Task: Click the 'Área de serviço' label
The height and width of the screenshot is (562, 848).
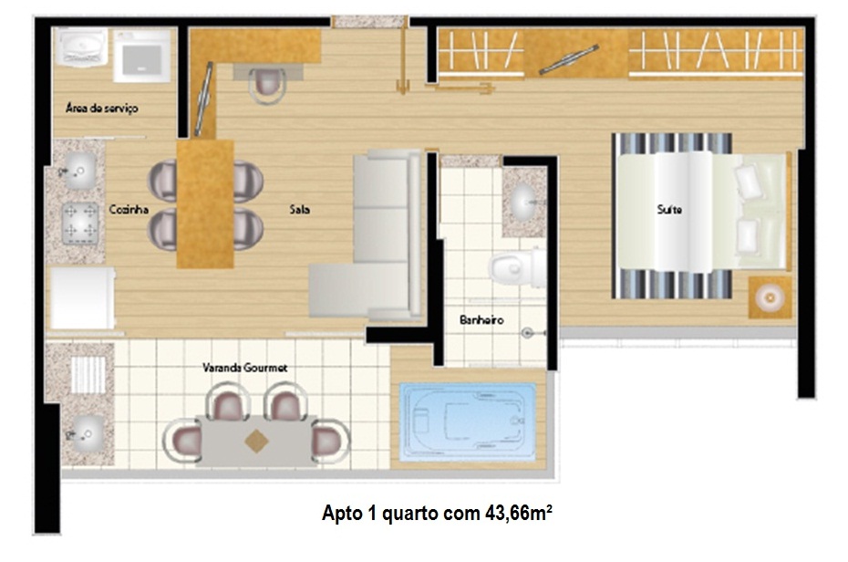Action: click(102, 109)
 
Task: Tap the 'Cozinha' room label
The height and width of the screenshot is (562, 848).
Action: click(129, 209)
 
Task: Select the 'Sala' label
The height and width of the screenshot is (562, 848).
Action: click(300, 209)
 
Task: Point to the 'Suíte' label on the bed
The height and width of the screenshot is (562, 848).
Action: click(669, 209)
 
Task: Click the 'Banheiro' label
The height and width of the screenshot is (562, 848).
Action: click(481, 319)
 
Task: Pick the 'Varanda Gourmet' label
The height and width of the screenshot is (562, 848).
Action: click(245, 368)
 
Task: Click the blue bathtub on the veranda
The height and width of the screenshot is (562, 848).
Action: click(467, 421)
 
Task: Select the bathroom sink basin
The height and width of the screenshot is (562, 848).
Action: click(522, 203)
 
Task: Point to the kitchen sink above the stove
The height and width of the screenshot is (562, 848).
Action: click(79, 172)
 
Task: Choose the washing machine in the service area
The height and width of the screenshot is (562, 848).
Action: click(141, 56)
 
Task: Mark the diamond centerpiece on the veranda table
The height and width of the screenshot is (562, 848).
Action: click(256, 441)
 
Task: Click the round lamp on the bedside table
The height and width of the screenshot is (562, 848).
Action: click(770, 297)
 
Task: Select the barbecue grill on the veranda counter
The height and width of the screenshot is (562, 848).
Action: click(88, 374)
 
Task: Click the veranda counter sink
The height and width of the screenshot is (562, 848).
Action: click(85, 433)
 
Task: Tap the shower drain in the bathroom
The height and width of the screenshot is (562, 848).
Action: click(528, 333)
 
